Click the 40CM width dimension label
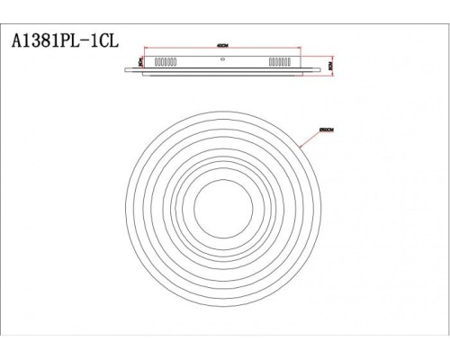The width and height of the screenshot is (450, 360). (x=220, y=47)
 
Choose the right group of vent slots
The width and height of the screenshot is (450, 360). (x=277, y=63)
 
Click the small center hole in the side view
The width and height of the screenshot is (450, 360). (x=222, y=61)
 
